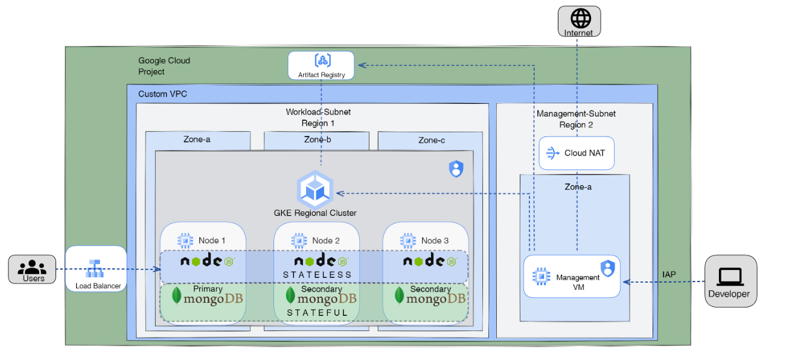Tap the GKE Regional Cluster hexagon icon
point(315,188)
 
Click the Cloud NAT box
point(577,153)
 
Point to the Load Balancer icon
point(95,268)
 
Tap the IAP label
point(669,274)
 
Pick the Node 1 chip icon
point(185,240)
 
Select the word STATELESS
point(317,275)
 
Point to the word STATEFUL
point(317,313)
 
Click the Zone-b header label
point(316,140)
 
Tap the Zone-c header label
point(431,140)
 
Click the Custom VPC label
point(163,94)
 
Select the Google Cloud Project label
point(164,66)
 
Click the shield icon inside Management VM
point(607,269)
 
